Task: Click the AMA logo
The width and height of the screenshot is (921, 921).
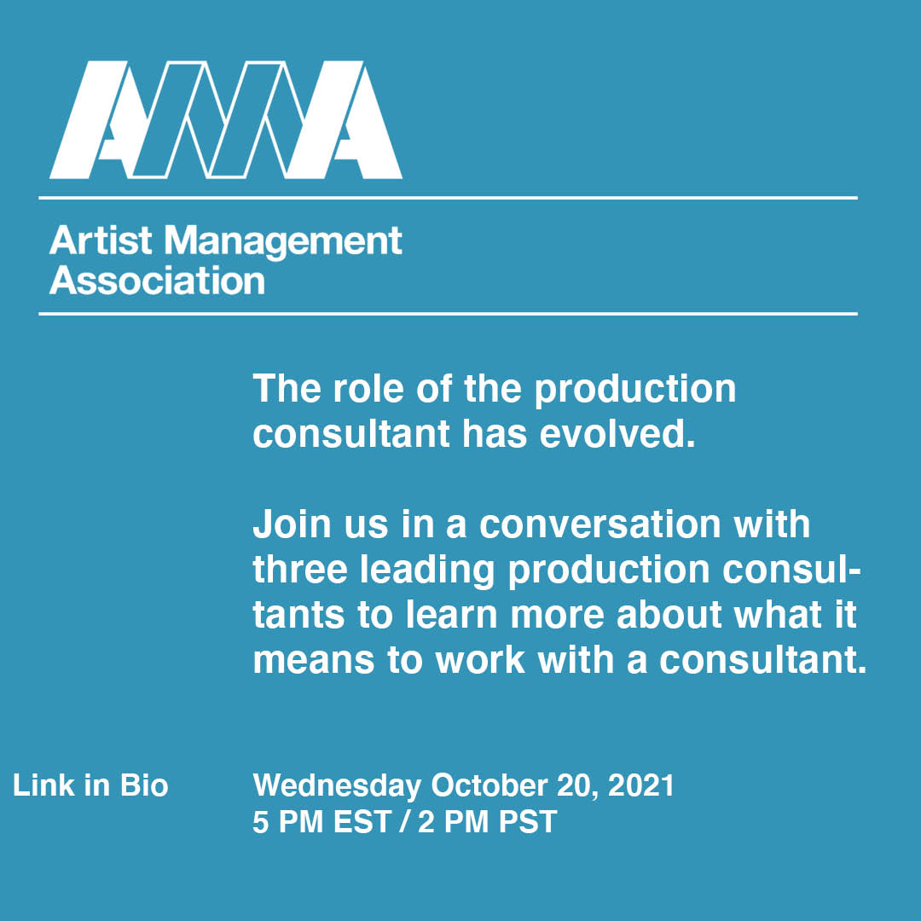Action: [226, 120]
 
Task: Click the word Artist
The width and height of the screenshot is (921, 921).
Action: [101, 241]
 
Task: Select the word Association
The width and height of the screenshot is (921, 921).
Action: [157, 281]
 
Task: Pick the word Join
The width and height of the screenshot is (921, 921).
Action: [287, 524]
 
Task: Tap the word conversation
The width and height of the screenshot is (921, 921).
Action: [607, 524]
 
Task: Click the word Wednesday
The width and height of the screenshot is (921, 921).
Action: [337, 785]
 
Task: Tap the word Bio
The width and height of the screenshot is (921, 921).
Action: [144, 785]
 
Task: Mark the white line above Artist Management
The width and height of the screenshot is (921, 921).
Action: [448, 198]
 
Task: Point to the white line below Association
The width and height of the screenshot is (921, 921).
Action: [448, 314]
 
